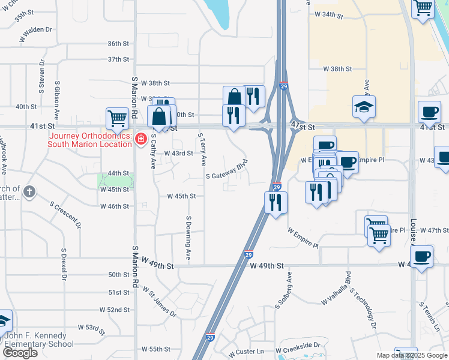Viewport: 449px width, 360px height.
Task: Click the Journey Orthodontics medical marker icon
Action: coord(140,139)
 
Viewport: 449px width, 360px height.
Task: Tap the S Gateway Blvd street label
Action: coord(227,172)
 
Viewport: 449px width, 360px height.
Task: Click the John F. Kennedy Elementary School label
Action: coord(39,340)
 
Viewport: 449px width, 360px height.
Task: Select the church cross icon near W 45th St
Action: coord(29,192)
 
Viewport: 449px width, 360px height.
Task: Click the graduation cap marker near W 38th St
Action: coord(364,107)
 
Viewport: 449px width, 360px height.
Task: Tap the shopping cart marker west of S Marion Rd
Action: coord(117,118)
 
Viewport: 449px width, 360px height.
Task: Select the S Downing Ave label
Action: coord(188,238)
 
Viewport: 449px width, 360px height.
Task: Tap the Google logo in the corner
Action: coord(20,352)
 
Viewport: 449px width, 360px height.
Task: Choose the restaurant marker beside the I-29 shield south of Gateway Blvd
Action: coord(276,202)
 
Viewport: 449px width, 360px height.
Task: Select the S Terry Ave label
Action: coord(202,149)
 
